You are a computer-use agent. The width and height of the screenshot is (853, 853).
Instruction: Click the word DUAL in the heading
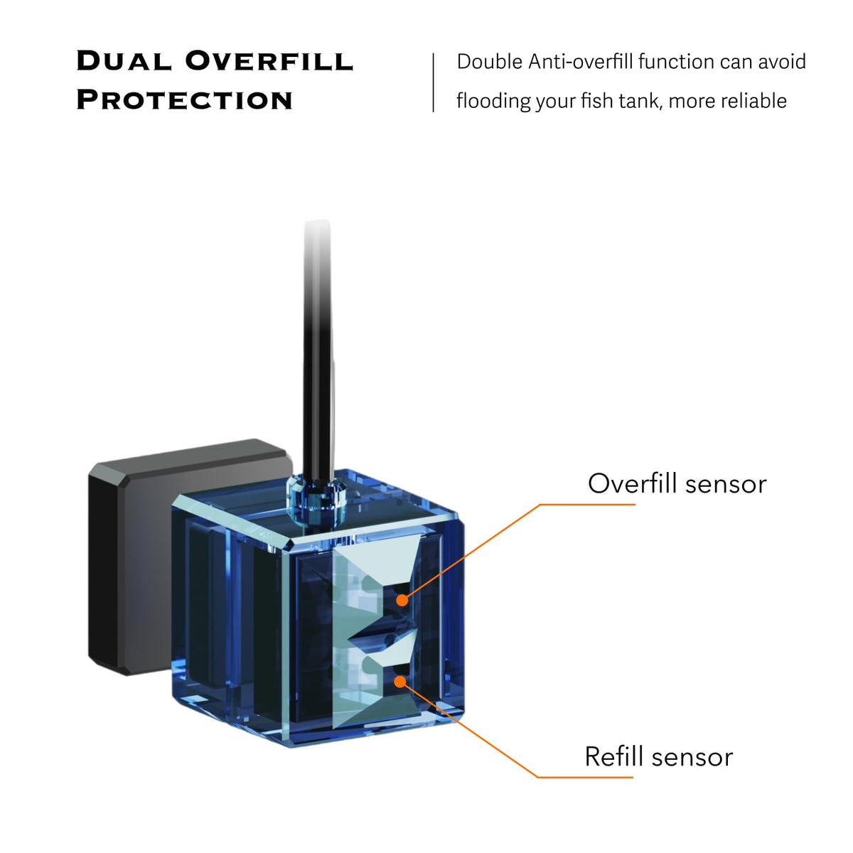pyautogui.click(x=122, y=61)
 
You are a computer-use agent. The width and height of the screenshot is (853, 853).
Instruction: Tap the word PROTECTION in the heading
pyautogui.click(x=184, y=100)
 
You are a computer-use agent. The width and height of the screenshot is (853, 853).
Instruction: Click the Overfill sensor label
pyautogui.click(x=677, y=483)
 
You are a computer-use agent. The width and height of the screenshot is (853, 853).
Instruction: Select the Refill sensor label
pyautogui.click(x=658, y=756)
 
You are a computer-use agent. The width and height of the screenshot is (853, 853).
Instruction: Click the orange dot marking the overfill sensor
pyautogui.click(x=402, y=600)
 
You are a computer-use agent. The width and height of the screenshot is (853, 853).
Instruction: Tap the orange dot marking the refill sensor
pyautogui.click(x=401, y=682)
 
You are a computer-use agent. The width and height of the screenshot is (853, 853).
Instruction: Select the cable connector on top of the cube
pyautogui.click(x=315, y=494)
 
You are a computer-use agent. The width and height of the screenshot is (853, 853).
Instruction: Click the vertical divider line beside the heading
pyautogui.click(x=433, y=82)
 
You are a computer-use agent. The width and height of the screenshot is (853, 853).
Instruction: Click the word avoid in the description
pyautogui.click(x=781, y=62)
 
